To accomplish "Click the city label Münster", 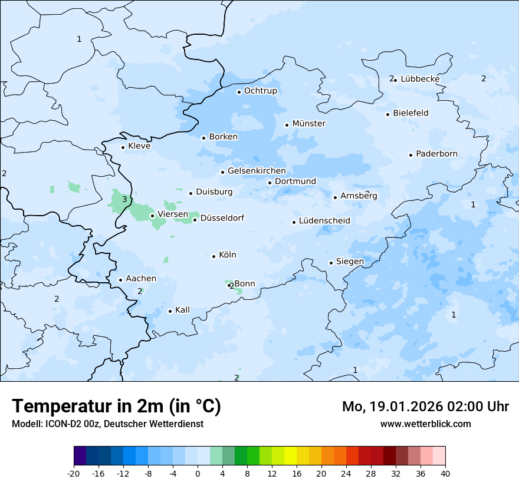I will (308, 124).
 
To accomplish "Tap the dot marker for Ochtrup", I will (239, 92).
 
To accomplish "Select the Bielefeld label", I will (410, 113).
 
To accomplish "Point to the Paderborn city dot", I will (410, 155).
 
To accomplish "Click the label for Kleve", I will (139, 146).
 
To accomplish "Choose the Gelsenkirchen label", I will (257, 171).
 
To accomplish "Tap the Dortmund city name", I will (295, 181).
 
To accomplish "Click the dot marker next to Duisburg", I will (190, 193).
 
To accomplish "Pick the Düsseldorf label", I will (222, 219).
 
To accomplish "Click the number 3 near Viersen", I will (124, 200).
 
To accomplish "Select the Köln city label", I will (227, 255).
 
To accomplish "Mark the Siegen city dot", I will (331, 263).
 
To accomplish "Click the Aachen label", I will (141, 279).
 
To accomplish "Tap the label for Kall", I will (182, 310).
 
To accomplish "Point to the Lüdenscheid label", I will (324, 221).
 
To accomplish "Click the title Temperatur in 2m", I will (116, 406).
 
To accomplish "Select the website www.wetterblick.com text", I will (425, 424).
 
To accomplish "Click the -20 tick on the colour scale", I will (74, 473).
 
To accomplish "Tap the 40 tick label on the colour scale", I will (445, 473).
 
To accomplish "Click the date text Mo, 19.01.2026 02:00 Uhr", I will (425, 407).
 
